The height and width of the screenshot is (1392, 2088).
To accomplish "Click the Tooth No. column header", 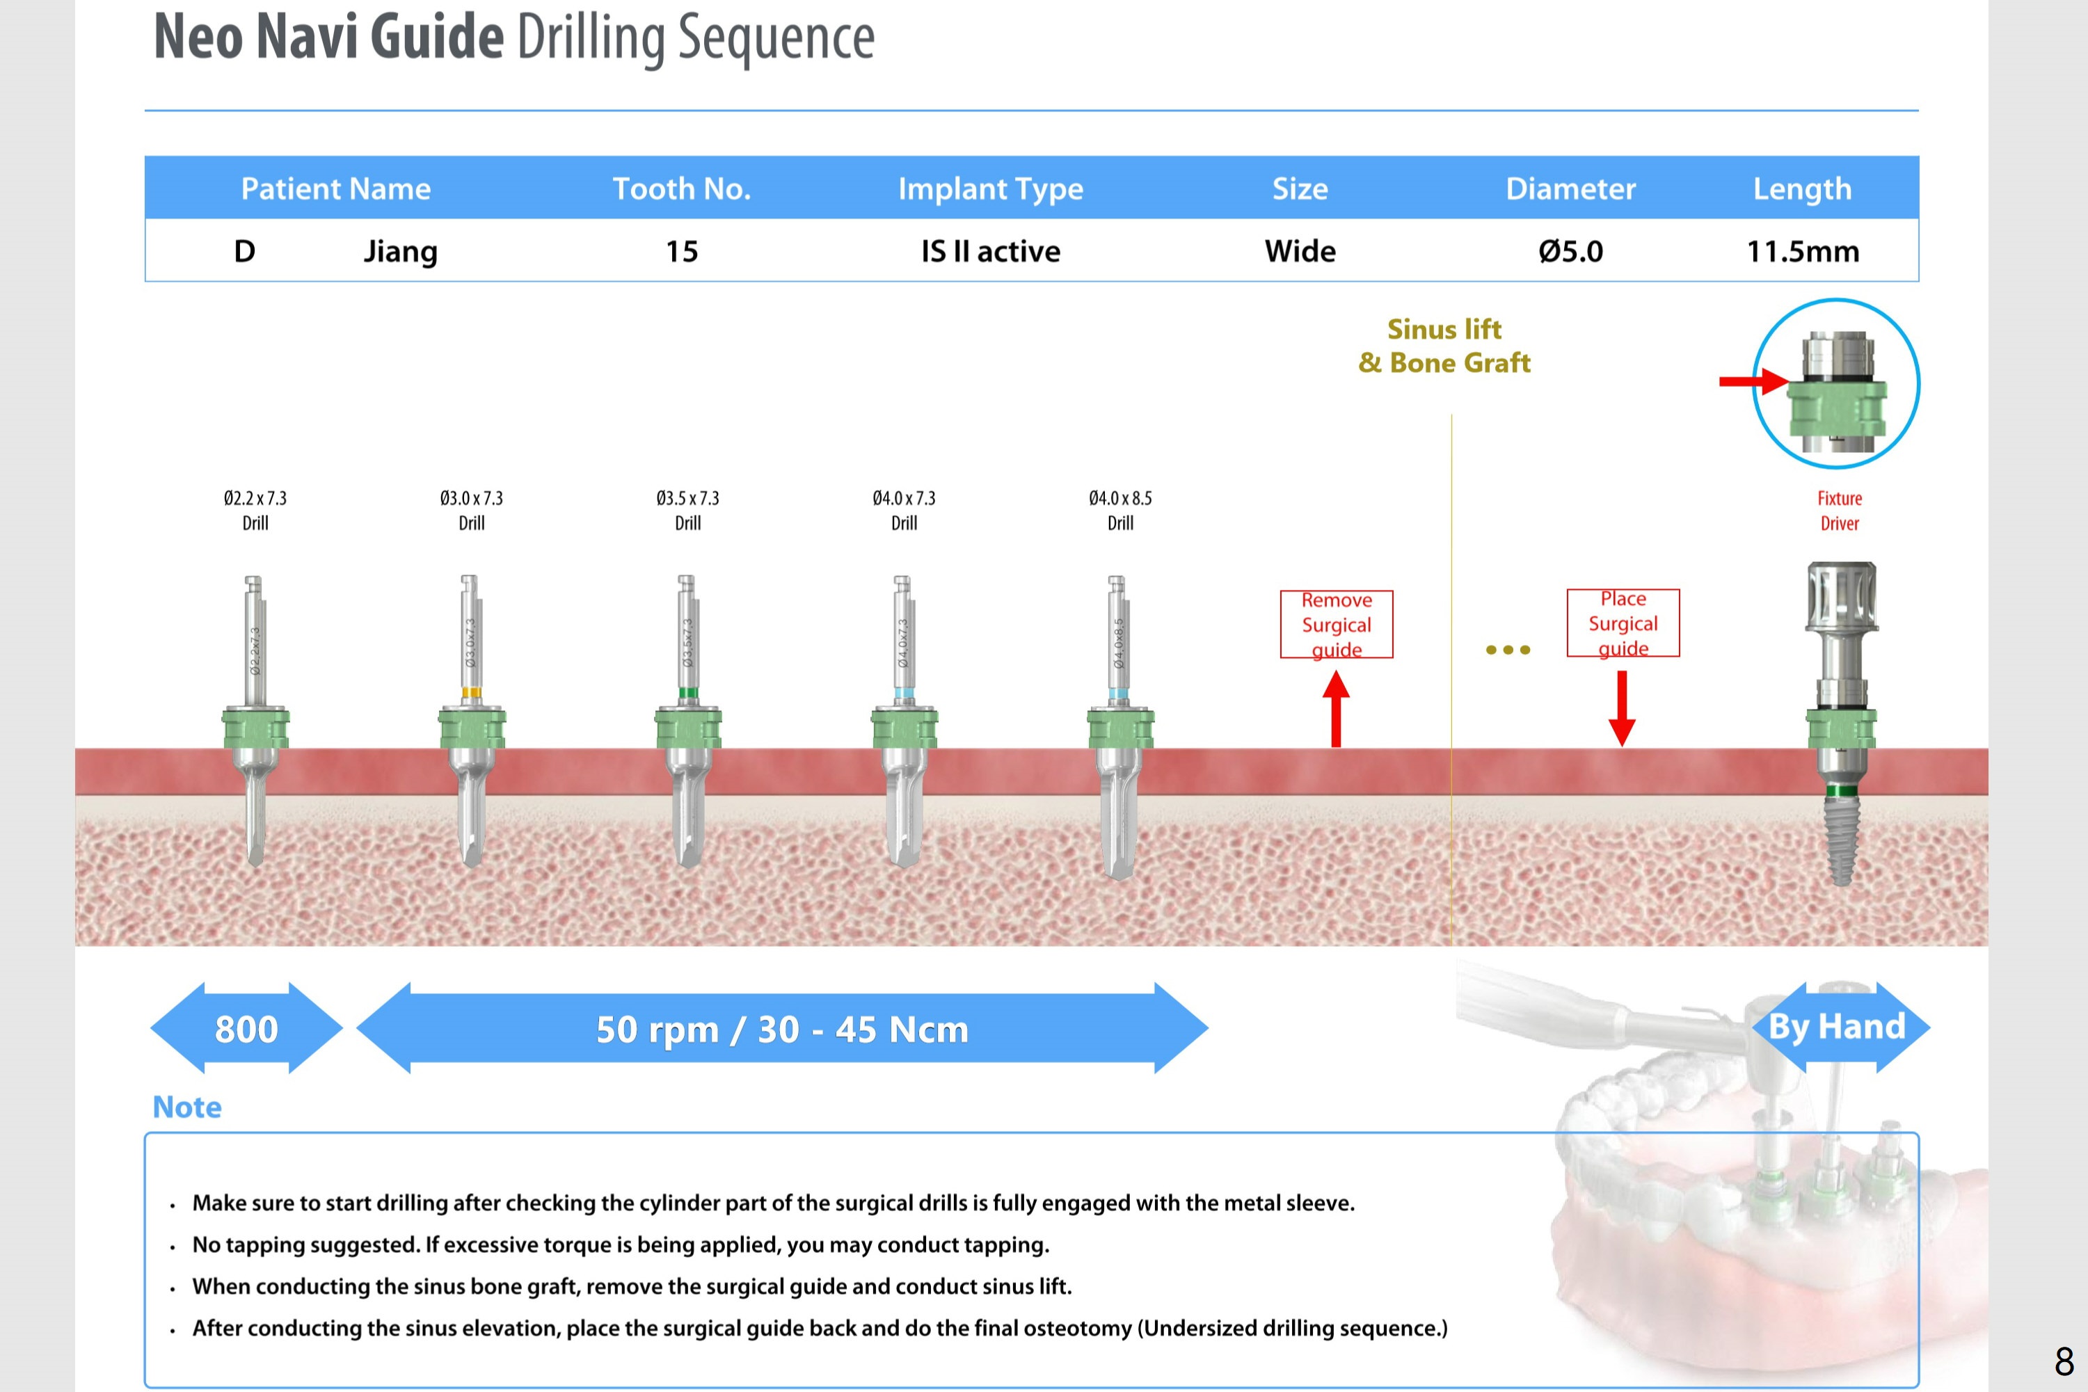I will [682, 189].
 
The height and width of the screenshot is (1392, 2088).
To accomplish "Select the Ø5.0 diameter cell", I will [1570, 251].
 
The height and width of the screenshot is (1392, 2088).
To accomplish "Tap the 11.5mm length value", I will [1802, 251].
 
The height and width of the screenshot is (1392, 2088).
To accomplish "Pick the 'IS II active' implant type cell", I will [990, 251].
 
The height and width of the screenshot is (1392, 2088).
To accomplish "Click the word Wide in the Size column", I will [1300, 251].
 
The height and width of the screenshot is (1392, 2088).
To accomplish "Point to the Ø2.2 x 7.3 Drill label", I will [255, 511].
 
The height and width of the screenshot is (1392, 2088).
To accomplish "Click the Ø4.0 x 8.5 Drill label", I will [1119, 511].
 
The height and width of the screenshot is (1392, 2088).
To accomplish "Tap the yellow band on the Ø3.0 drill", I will [472, 692].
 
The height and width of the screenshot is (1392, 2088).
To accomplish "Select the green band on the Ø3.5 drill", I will [687, 692].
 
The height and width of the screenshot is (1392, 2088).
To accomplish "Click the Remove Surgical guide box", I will [1336, 624].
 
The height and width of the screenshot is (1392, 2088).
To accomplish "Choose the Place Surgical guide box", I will [1623, 623].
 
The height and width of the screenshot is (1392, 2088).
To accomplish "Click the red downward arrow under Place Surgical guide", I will [1622, 708].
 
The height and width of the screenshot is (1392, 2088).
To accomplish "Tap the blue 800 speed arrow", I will [246, 1028].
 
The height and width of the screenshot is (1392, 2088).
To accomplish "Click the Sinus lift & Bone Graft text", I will [1444, 346].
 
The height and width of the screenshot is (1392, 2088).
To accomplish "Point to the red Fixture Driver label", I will [1840, 511].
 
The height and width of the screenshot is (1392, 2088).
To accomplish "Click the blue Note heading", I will [186, 1107].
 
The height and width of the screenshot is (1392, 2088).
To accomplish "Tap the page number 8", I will [2065, 1361].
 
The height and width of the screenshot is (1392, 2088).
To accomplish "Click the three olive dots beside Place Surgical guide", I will [1508, 650].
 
